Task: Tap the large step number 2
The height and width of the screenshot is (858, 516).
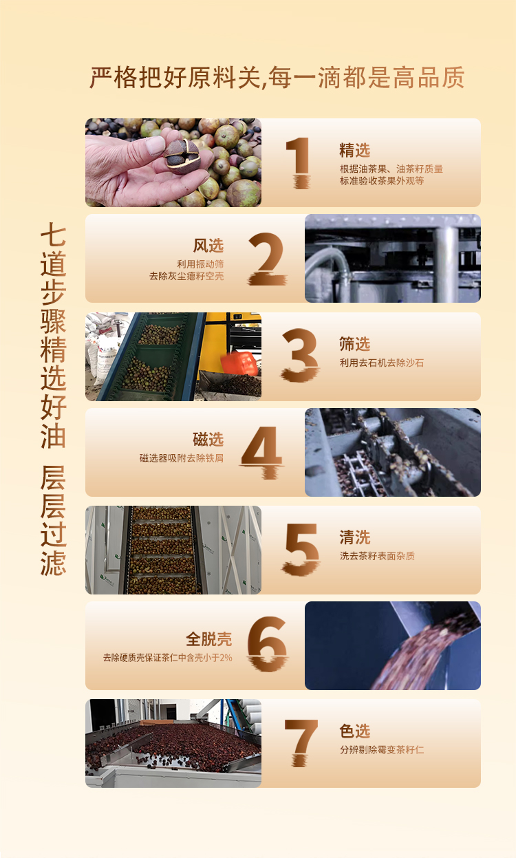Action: coord(268,259)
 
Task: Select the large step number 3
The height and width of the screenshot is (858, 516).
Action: coord(300,356)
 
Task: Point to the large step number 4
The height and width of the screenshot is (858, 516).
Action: coord(262,452)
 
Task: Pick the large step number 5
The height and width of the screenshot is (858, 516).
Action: coord(301,550)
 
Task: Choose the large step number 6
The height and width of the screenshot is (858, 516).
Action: coord(268,644)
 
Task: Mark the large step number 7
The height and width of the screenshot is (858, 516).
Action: coord(301,742)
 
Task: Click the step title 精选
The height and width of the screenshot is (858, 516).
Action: coord(355,150)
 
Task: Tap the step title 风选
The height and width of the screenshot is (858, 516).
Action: coord(208,246)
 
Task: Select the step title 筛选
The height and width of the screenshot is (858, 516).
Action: coord(355,344)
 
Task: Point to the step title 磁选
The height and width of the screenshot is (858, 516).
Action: coord(208,440)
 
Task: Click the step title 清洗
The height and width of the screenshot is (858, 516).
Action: coord(355,537)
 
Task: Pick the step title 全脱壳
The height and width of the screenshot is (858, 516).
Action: coord(209,639)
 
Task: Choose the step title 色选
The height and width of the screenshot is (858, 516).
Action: coord(355,731)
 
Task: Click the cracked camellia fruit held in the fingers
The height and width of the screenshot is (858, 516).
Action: coord(182,155)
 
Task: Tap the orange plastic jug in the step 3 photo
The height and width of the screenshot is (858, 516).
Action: coord(239,363)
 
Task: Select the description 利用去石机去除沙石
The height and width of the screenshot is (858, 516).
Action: coord(382,363)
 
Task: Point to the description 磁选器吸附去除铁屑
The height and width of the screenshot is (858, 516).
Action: coord(182,458)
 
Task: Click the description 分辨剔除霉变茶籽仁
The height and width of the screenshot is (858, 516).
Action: coord(382,749)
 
